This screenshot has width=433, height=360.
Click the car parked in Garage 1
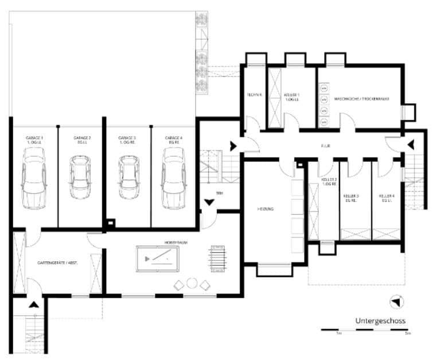coord(34,178)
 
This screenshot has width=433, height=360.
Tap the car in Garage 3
coord(128,178)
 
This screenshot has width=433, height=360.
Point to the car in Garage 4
coord(173,178)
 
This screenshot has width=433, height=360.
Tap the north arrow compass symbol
coord(396,301)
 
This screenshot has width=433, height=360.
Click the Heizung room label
coord(265,209)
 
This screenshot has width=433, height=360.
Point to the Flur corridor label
coord(326,146)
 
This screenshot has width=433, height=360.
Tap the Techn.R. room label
coord(254,95)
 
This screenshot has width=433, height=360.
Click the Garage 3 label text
coord(127,140)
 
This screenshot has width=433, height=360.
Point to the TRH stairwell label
coord(219,193)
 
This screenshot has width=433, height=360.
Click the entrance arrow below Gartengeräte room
coord(34,306)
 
